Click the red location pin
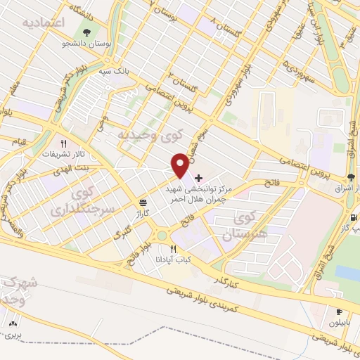pyautogui.click(x=180, y=166)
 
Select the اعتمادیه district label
pyautogui.click(x=43, y=24)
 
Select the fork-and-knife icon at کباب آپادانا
pyautogui.click(x=173, y=249)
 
